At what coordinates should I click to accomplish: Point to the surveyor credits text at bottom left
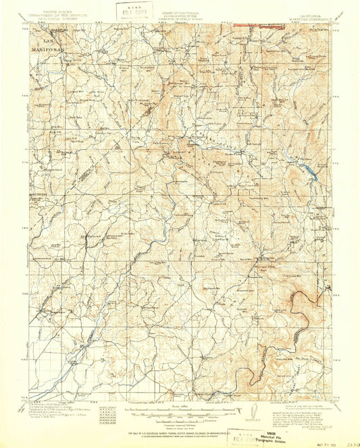point(57,409)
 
